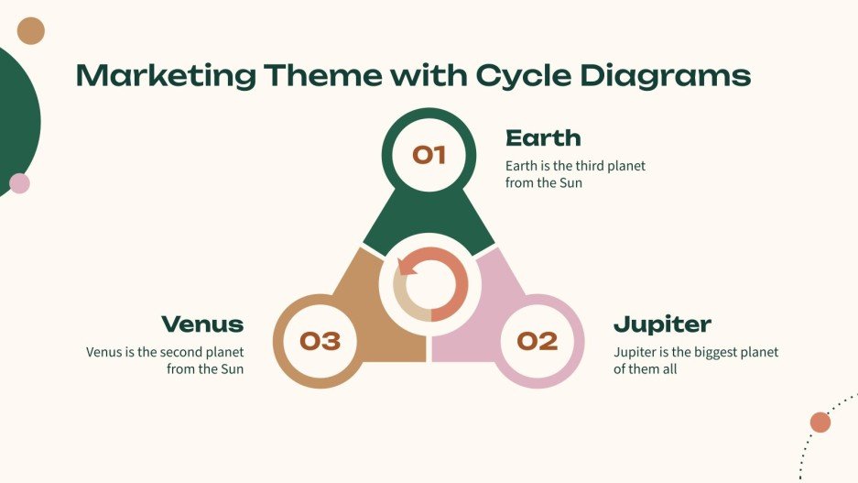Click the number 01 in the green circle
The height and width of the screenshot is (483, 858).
tap(429, 155)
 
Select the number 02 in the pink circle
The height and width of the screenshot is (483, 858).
tap(537, 342)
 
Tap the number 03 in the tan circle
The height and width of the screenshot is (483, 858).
tap(320, 342)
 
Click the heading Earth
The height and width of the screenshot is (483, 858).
tap(543, 138)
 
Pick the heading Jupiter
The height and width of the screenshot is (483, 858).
tap(662, 324)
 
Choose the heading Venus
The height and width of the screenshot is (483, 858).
tap(202, 324)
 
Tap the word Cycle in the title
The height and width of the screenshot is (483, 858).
tap(523, 75)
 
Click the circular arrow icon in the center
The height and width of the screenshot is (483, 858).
tap(429, 284)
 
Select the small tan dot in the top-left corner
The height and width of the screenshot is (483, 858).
tap(31, 31)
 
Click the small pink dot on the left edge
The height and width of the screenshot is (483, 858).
tap(19, 183)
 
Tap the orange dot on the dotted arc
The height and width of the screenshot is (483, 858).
tap(820, 423)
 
